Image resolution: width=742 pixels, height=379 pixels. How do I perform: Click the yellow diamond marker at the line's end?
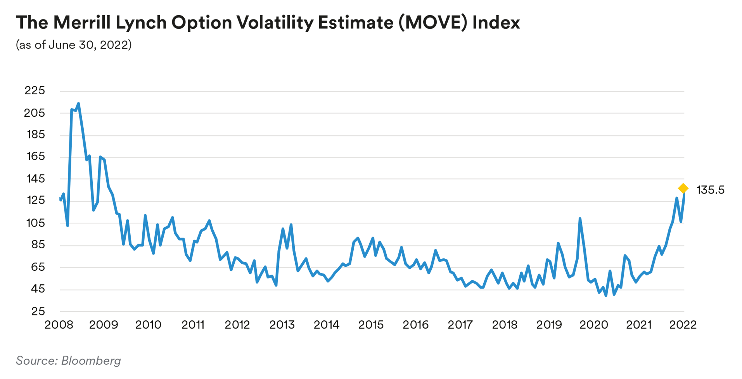coord(683,189)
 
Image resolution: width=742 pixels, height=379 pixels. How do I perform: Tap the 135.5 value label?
coord(710,190)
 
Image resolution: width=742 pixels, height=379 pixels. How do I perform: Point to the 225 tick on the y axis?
coord(35,90)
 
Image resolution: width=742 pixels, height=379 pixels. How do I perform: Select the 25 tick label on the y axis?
coord(38,311)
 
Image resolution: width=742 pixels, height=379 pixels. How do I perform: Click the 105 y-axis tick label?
coord(35,223)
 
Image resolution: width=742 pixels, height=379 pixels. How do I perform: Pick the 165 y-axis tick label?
coord(35,156)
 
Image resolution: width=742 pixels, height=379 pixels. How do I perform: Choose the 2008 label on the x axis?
coord(59,325)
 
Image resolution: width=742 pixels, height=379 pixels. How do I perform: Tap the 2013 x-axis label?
coord(282,325)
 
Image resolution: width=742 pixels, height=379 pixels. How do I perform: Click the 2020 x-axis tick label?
coord(594,325)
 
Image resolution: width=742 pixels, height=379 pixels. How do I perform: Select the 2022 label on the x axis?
coord(683,325)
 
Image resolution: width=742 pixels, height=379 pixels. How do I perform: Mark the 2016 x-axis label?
coord(415,325)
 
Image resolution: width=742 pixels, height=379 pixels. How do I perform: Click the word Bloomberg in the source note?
coord(91,361)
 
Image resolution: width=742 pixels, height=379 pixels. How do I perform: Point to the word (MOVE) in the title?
coord(432,22)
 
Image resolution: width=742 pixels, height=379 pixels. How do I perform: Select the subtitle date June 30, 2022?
coord(89,45)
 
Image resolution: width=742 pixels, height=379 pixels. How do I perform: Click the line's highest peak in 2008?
coord(78,104)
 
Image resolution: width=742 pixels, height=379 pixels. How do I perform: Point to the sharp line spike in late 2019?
coord(580,219)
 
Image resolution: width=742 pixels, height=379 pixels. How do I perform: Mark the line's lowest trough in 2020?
coord(606,296)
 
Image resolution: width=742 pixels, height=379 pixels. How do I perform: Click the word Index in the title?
coord(496,22)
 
